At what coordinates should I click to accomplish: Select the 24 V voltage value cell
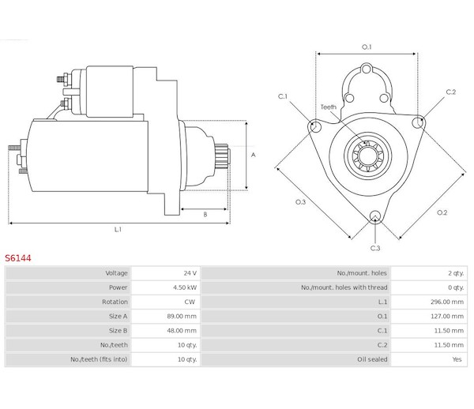click(x=186, y=273)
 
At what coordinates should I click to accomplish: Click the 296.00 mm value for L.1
click(x=446, y=302)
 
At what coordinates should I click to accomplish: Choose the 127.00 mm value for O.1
click(x=446, y=317)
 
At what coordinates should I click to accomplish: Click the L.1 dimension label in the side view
click(x=118, y=230)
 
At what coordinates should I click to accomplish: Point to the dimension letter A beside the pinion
click(x=254, y=155)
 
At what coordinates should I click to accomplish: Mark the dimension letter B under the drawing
click(x=205, y=215)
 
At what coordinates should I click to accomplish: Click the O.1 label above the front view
click(x=367, y=47)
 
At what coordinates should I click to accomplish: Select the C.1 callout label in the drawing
click(x=283, y=96)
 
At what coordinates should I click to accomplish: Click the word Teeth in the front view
click(x=328, y=106)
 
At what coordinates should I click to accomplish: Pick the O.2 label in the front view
click(x=442, y=212)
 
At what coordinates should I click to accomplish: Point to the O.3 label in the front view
click(x=300, y=202)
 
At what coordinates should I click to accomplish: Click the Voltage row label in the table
click(x=116, y=273)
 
